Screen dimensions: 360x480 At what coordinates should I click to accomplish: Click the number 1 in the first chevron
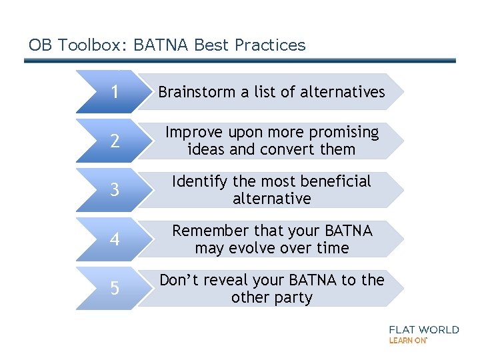tap(115, 92)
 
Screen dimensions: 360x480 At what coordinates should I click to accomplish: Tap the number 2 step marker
tap(115, 141)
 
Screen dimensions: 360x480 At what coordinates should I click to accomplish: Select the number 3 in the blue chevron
tap(115, 190)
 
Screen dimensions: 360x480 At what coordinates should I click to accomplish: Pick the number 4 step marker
tap(115, 239)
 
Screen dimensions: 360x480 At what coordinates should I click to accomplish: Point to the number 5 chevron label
tap(115, 289)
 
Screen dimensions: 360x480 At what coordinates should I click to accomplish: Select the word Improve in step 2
tap(193, 133)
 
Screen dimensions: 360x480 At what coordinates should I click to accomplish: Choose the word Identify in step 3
tap(196, 181)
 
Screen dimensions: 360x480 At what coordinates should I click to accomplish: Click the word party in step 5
tap(292, 297)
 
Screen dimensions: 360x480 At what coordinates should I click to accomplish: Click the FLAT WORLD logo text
tap(424, 329)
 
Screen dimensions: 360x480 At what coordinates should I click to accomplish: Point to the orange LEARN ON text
tap(407, 340)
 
